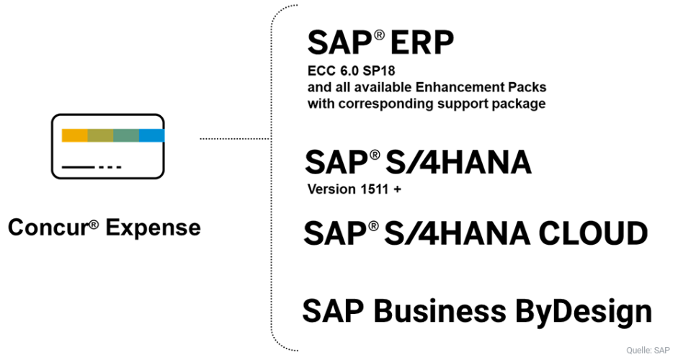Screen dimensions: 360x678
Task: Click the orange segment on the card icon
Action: (74, 135)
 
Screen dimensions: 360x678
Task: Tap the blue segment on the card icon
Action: (151, 135)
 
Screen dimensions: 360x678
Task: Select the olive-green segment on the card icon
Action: (100, 135)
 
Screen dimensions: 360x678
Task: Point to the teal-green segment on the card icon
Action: (126, 135)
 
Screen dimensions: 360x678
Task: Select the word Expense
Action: (153, 228)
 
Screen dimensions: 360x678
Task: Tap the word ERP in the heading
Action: (422, 45)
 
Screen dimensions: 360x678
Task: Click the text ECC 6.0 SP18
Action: (350, 71)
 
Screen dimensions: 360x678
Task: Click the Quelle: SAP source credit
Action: (648, 351)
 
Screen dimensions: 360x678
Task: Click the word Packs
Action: (526, 87)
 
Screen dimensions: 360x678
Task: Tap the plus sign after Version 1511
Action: (396, 190)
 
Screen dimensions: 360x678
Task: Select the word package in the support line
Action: (520, 104)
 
